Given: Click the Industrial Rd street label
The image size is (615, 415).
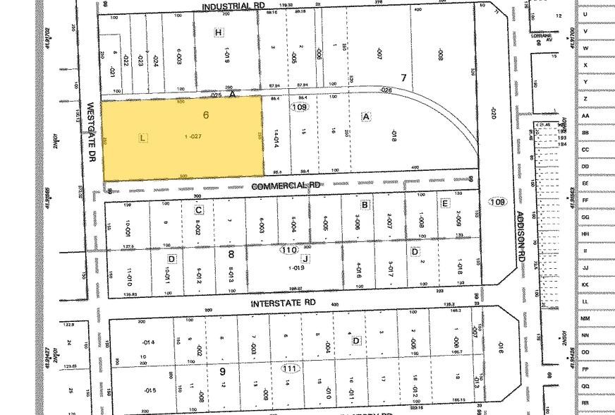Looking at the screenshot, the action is point(233,6).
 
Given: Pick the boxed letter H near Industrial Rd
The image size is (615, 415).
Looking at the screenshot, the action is point(219,32).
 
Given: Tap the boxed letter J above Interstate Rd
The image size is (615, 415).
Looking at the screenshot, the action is point(306,258).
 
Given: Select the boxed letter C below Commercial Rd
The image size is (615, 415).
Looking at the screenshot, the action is point(199,210).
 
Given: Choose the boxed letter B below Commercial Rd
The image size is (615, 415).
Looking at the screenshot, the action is point(365,205).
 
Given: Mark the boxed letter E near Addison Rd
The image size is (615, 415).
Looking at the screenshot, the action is point(444,203).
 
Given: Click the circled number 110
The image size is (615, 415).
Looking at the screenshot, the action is point(288,251).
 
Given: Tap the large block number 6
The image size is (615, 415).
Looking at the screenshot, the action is point(206,115).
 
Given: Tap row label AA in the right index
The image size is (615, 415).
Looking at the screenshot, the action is point(585,116).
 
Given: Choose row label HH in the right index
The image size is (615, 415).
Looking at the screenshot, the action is point(585,234).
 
